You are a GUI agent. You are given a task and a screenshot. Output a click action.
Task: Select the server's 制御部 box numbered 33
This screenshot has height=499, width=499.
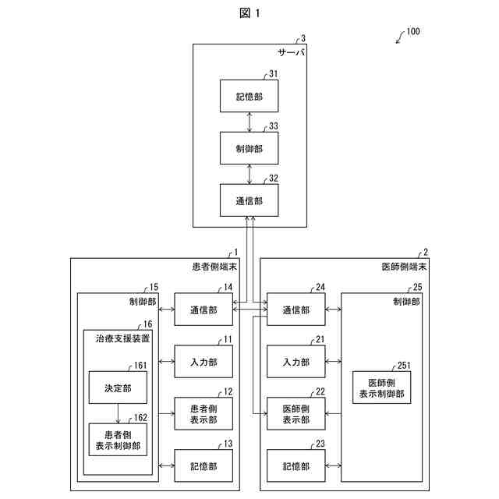click(x=249, y=148)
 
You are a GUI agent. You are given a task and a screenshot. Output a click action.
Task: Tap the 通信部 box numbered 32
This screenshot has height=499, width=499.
click(x=249, y=200)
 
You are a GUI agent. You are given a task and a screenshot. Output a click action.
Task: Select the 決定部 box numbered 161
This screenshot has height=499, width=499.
click(x=118, y=388)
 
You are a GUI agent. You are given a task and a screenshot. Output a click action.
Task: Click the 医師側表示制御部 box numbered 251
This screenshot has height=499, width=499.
click(x=381, y=388)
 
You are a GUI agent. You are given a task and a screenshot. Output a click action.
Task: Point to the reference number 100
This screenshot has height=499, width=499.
click(x=412, y=32)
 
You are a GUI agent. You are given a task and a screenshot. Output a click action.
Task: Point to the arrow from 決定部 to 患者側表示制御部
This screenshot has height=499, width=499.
click(x=118, y=413)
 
